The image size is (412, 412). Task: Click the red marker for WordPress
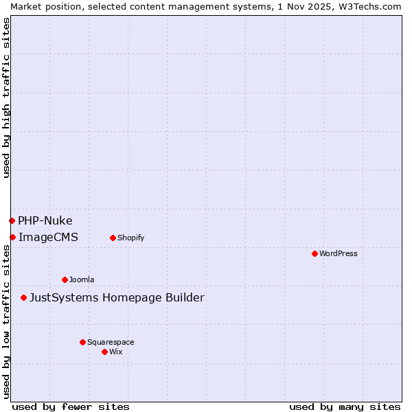tap(314, 253)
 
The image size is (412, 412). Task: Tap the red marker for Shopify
tap(113, 238)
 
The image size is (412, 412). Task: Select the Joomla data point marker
tap(65, 279)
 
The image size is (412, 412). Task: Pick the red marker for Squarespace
tap(82, 342)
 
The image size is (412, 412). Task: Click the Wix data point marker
tap(104, 352)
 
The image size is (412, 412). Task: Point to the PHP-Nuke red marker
tap(12, 220)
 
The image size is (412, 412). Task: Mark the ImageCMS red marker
tap(12, 237)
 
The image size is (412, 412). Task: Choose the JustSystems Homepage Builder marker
tap(23, 297)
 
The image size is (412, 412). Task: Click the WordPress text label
tap(339, 253)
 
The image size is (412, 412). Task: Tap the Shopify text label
tap(130, 238)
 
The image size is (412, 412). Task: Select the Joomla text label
tap(82, 279)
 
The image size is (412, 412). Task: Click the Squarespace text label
tap(111, 342)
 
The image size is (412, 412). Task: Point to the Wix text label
tap(116, 352)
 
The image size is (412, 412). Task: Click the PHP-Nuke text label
tap(45, 220)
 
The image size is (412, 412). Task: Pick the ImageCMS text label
tap(48, 237)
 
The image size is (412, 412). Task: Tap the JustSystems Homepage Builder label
tap(117, 297)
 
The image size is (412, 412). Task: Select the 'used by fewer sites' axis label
tap(71, 407)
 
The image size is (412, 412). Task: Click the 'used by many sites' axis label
tap(345, 407)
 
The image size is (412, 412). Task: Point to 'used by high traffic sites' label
tap(6, 98)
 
